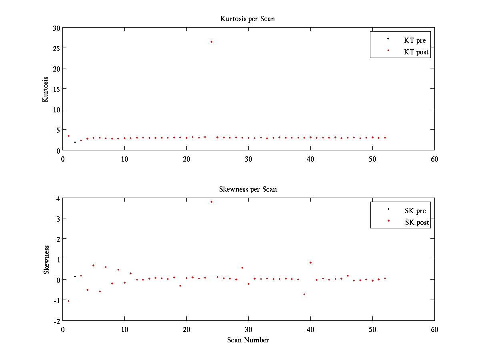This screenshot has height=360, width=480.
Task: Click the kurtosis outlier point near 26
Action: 211,42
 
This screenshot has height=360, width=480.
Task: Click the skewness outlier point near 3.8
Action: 211,202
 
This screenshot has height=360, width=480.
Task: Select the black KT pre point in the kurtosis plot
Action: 75,142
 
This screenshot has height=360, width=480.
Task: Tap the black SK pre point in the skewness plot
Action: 75,276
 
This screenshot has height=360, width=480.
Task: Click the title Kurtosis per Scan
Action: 248,19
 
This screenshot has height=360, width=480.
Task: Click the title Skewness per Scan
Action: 248,189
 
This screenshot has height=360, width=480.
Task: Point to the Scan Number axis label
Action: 248,340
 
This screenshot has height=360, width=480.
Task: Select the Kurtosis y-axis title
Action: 46,89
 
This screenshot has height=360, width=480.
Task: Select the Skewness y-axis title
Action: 46,260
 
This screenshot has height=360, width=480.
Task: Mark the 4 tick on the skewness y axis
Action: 58,198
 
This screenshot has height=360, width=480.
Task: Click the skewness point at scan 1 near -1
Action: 68,301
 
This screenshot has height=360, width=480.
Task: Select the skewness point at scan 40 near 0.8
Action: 310,262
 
